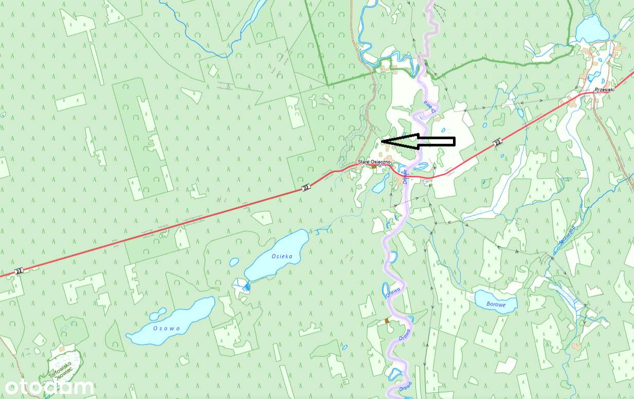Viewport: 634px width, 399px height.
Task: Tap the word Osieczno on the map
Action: (x=379, y=162)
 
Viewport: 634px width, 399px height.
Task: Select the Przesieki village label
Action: (x=605, y=89)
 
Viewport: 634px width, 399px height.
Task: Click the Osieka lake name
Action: (x=282, y=256)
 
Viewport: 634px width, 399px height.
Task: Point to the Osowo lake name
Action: (x=167, y=328)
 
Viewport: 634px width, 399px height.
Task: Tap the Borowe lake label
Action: (x=496, y=304)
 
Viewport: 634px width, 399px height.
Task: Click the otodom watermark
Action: (x=49, y=387)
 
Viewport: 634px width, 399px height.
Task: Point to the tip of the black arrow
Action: (x=382, y=140)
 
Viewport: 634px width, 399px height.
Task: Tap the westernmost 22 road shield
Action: (x=19, y=271)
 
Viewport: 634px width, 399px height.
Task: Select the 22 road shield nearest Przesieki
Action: (x=497, y=142)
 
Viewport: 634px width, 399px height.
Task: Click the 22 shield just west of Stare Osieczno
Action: (x=306, y=188)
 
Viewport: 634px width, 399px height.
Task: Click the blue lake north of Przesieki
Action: (x=592, y=30)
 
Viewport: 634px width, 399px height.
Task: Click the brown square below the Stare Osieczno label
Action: (x=374, y=167)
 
